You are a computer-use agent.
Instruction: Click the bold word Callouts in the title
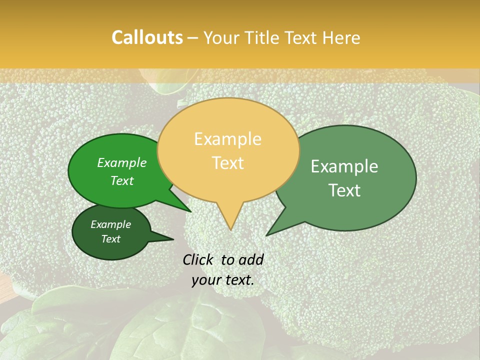point(147,37)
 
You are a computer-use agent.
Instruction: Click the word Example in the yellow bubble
point(228,139)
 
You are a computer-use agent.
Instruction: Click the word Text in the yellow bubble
point(228,163)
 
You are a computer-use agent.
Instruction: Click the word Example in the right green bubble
point(344,166)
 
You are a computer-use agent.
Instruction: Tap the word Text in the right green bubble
point(344,190)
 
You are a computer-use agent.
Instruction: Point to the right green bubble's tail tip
point(267,235)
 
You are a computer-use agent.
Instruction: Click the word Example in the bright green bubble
point(122,163)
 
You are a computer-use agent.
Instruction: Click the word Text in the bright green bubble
point(122,180)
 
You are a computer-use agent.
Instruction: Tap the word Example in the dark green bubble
point(110,224)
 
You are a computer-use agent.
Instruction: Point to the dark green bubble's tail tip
point(173,239)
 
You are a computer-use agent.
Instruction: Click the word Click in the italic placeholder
point(199,259)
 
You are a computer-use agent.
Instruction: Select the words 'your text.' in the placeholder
point(223,280)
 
